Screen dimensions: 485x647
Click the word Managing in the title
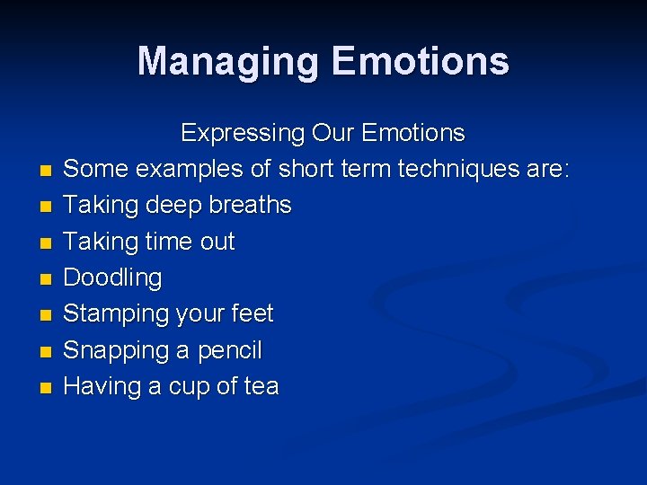point(229,61)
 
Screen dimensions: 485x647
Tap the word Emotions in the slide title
point(421,61)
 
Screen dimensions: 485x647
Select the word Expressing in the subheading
point(243,134)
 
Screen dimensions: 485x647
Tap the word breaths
point(250,205)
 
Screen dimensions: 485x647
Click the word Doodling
point(112,278)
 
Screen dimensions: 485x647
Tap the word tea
point(261,386)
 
